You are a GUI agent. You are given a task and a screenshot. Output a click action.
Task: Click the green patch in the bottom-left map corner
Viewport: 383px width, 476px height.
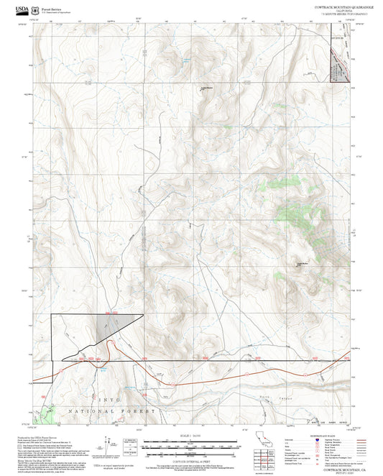coord(47,413)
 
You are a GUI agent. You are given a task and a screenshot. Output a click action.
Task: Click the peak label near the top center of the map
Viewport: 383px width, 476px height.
coord(206,88)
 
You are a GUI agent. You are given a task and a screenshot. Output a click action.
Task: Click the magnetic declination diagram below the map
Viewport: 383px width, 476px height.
coord(130,444)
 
